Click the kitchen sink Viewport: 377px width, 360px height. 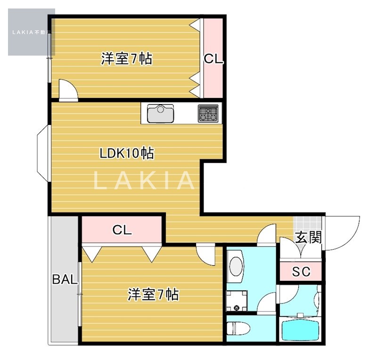[160, 113]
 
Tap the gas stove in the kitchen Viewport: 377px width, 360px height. [208, 113]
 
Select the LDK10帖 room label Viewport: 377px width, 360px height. [127, 153]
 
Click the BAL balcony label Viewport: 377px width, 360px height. [65, 279]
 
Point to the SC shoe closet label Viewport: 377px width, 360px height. [301, 271]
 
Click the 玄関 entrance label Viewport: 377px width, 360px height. [309, 237]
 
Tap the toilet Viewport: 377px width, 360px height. [238, 328]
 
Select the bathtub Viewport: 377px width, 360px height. [300, 330]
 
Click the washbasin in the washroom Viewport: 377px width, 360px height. [236, 266]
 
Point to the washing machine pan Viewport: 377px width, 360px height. [237, 301]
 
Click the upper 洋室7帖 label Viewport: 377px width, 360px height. [126, 58]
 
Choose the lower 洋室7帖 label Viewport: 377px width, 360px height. [153, 295]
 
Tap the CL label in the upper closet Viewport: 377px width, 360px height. [213, 59]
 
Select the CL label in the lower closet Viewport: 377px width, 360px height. [122, 230]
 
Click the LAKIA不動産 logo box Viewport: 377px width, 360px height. [32, 32]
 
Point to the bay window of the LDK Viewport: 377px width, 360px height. [42, 153]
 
